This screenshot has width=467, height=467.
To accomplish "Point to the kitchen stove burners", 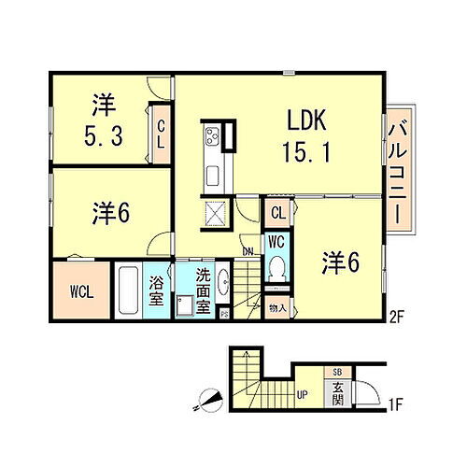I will [210, 137].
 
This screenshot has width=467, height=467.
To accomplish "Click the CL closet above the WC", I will [278, 212].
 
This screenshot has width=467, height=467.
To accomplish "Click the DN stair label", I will [248, 251].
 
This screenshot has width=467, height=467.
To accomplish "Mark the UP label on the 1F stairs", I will [304, 395].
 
